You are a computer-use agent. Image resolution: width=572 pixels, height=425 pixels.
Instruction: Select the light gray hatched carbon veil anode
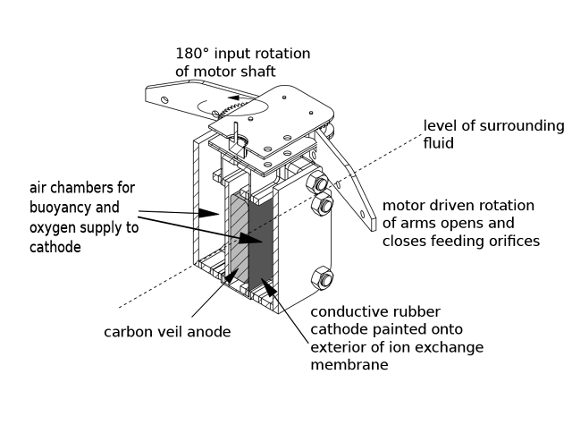pos(239,234)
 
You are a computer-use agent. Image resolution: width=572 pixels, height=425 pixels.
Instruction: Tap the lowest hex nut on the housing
pos(320,276)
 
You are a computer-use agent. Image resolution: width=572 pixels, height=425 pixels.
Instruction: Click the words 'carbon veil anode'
pos(167,331)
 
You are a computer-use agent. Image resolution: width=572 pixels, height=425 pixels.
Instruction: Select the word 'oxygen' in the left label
pos(53,227)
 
